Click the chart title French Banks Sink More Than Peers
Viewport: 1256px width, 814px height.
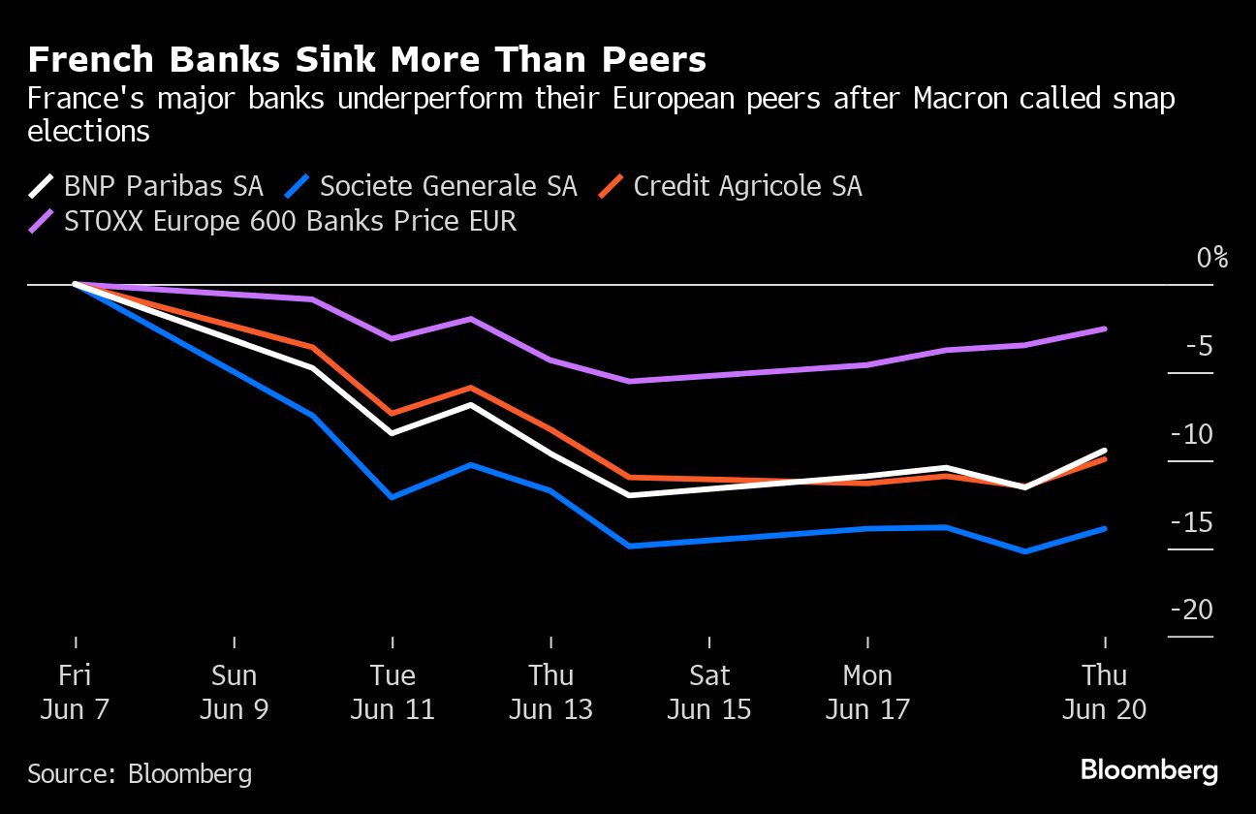366,61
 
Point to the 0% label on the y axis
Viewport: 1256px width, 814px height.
1211,258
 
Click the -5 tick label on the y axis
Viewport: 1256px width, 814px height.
1198,346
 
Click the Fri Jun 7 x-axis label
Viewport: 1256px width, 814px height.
75,692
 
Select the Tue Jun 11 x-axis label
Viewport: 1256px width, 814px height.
392,692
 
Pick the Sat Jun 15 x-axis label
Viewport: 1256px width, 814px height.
709,692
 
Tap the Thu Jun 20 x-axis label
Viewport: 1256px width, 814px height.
1105,692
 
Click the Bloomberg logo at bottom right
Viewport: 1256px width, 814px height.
1148,771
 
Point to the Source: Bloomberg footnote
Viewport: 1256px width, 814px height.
140,773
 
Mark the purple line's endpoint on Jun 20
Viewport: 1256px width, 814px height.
1105,329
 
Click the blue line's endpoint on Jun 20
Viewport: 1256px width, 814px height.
1105,528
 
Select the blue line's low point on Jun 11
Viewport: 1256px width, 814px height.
392,497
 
